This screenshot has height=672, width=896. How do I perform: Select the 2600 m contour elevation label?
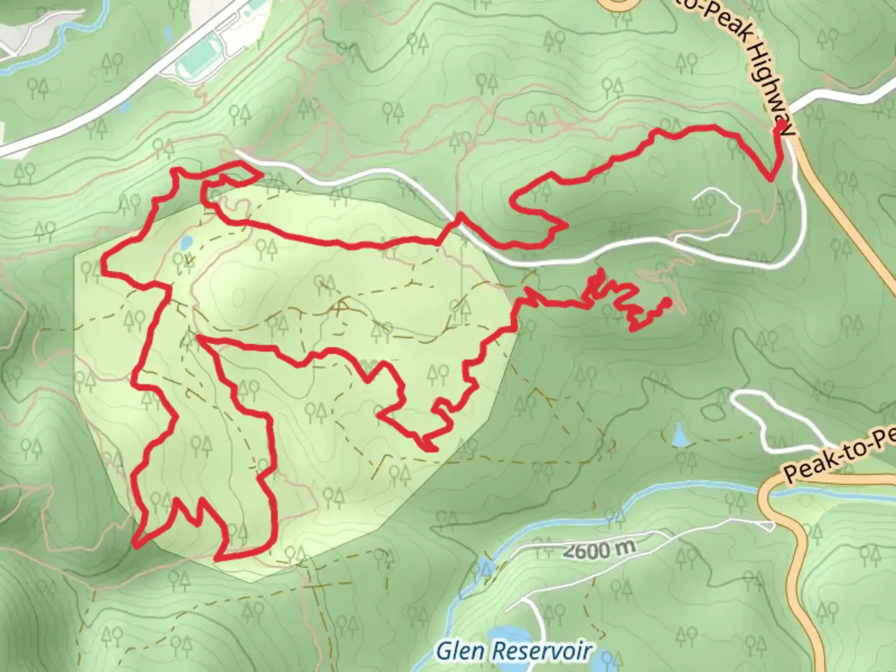pyautogui.click(x=600, y=549)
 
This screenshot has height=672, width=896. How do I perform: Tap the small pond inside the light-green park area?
pyautogui.click(x=185, y=242)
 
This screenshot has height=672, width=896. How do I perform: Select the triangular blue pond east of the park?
pyautogui.click(x=681, y=436)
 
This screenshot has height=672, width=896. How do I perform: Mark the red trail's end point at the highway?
pyautogui.click(x=778, y=129)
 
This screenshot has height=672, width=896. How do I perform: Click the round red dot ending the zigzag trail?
pyautogui.click(x=666, y=303)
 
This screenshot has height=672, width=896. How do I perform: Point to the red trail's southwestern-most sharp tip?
pyautogui.click(x=136, y=546)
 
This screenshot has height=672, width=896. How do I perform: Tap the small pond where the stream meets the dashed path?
pyautogui.click(x=484, y=567)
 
